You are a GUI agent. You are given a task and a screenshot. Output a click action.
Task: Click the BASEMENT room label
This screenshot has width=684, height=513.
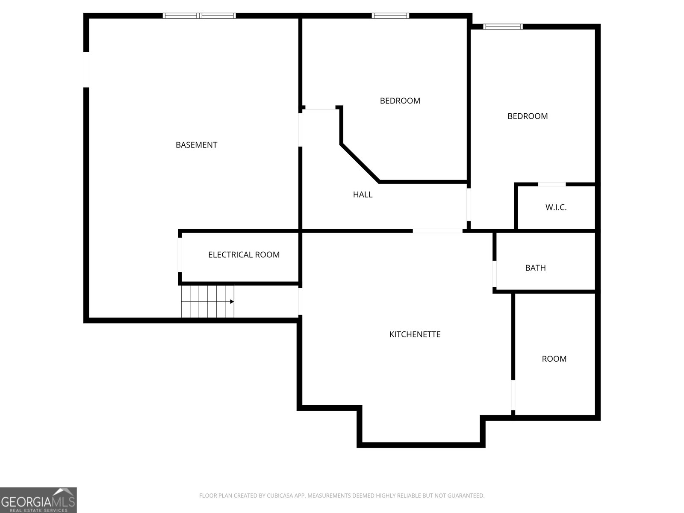click(x=196, y=145)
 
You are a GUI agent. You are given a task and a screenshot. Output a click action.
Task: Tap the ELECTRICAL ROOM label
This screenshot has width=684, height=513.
click(x=244, y=255)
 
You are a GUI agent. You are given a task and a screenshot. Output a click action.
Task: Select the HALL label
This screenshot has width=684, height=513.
click(x=363, y=195)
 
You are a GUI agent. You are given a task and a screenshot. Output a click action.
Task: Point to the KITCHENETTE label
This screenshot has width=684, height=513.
click(x=415, y=334)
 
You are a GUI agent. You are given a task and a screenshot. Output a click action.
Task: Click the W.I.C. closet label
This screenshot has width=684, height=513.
click(x=556, y=207)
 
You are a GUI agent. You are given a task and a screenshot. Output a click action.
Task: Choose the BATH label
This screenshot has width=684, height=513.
click(x=535, y=268)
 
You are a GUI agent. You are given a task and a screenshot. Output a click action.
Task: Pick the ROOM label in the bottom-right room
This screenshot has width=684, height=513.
click(x=554, y=359)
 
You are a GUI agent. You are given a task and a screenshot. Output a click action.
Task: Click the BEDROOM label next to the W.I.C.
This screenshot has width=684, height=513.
click(x=528, y=116)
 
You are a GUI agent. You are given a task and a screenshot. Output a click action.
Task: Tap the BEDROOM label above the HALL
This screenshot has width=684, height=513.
click(x=400, y=101)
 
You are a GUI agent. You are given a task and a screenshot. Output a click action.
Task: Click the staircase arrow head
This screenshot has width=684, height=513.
click(x=232, y=302)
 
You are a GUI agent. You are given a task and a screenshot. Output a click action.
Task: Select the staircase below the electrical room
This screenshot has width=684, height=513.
click(x=208, y=302)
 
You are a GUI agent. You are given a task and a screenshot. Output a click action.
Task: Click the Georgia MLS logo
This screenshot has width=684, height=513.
click(x=38, y=500)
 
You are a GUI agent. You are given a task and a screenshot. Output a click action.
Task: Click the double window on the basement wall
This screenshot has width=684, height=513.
click(x=199, y=16)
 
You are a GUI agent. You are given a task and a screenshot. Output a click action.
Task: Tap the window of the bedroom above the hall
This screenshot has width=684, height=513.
click(x=390, y=16)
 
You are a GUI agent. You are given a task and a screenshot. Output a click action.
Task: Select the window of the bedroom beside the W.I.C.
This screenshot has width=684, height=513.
click(x=503, y=27)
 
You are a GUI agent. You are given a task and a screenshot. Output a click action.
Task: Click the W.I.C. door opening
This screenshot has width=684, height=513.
click(x=551, y=184)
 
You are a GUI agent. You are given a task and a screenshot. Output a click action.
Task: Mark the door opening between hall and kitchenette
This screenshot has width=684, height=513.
click(x=437, y=231)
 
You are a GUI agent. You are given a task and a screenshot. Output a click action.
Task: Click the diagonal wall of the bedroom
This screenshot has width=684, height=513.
click(x=360, y=163)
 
